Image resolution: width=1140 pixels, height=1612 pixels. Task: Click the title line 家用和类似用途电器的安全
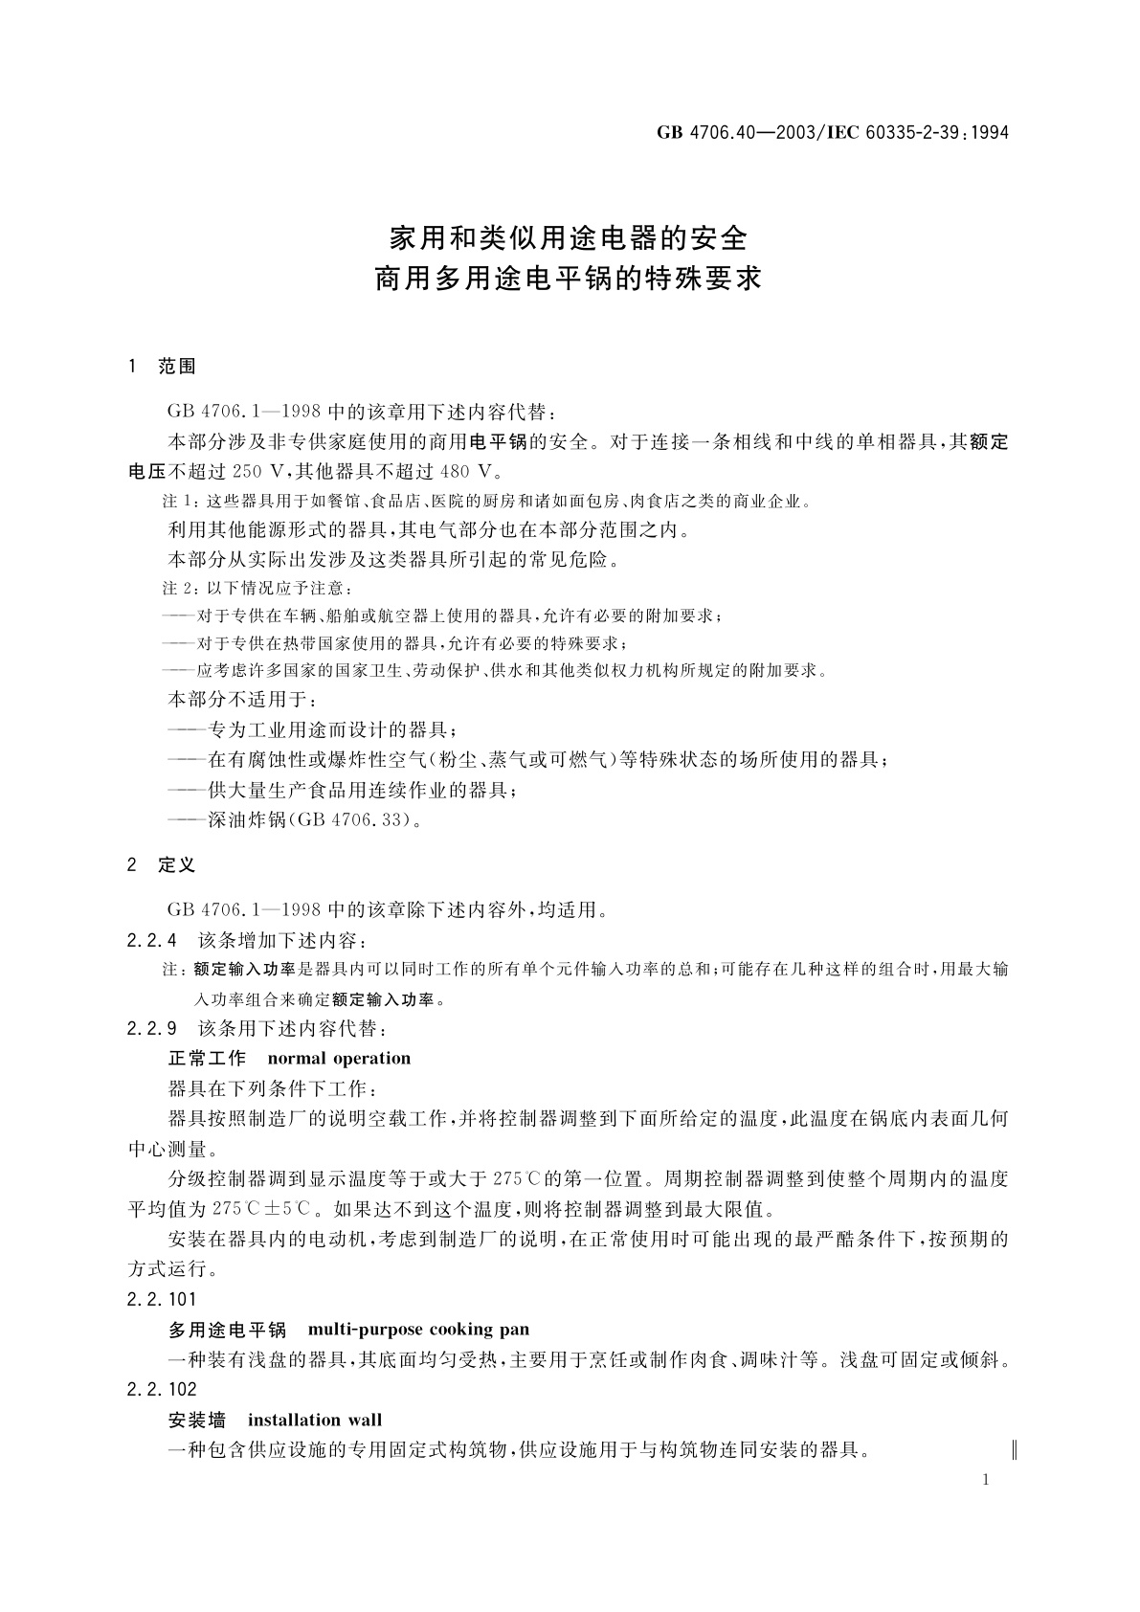569,236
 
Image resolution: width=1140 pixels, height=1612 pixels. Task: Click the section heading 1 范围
162,367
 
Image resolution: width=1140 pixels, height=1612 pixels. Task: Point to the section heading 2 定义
162,865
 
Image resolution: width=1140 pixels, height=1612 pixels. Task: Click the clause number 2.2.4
151,941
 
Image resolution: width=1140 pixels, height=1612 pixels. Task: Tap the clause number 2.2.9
151,1030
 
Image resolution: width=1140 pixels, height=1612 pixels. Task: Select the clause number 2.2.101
161,1299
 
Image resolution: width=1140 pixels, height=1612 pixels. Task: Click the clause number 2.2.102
161,1389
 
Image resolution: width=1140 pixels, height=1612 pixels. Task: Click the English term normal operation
339,1059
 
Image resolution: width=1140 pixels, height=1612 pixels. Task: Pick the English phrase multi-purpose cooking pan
419,1330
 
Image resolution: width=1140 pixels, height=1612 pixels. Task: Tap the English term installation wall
315,1420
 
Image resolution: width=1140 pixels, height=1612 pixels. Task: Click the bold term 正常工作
207,1059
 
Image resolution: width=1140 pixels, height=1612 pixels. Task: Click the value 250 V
260,472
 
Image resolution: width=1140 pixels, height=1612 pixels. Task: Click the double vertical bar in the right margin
1014,1450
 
